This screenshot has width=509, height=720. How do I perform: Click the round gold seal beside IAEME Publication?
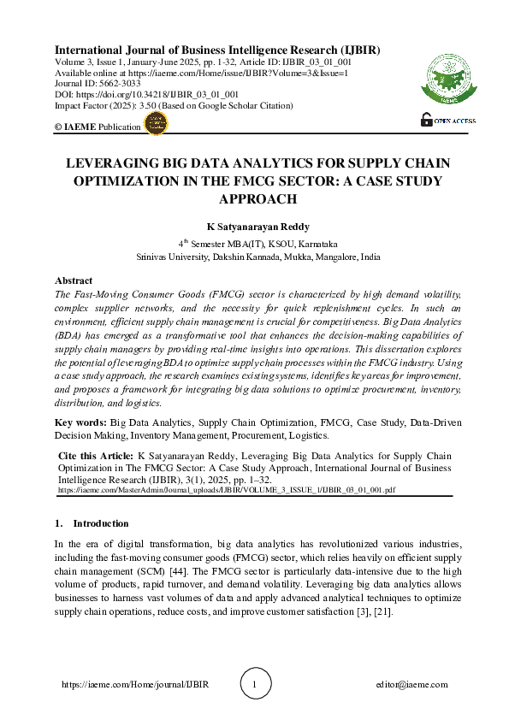[x=156, y=126]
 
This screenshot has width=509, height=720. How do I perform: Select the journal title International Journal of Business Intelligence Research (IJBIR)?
[x=217, y=50]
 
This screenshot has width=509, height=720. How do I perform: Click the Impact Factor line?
[x=173, y=106]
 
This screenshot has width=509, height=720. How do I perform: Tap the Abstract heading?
[x=74, y=280]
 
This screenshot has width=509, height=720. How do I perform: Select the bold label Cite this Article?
[x=95, y=456]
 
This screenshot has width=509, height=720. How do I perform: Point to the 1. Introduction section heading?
[x=92, y=523]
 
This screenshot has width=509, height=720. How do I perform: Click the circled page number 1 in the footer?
[x=254, y=684]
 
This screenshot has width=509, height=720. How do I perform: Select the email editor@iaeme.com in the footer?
[x=411, y=685]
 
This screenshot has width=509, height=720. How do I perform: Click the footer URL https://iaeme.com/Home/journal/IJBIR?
[x=136, y=685]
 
